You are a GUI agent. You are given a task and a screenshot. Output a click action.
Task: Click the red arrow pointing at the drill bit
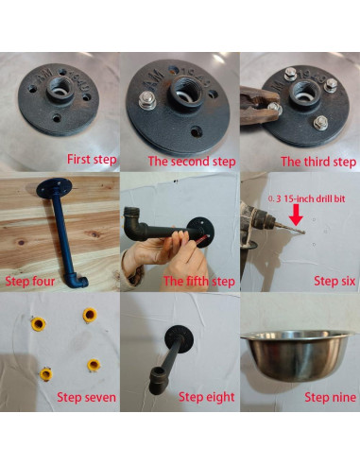pos(296,215)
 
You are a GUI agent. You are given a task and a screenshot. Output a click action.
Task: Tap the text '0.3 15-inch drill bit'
pos(307,198)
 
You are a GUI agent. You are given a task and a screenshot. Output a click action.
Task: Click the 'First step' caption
pos(92,160)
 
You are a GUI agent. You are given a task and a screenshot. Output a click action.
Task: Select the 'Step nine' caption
pos(330,397)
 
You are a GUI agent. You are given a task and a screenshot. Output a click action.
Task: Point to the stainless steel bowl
pos(296,354)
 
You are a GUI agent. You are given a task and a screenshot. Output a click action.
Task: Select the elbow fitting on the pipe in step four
pos(77,281)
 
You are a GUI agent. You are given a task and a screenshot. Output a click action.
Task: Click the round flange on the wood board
pos(54,188)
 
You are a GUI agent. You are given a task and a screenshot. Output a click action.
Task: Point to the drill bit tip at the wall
pos(304,233)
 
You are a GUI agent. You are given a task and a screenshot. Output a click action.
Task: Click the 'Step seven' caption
pos(86,397)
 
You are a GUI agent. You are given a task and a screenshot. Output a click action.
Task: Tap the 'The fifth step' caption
pos(199,281)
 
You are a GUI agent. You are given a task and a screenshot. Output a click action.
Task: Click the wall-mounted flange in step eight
pos(179,339)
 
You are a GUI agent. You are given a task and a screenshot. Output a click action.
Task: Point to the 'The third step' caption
pos(318,162)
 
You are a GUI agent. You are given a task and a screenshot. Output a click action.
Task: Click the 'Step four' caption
pos(30,281)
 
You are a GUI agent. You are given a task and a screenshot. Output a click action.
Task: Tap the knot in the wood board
pos(94,234)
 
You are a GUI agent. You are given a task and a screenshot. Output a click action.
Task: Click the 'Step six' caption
pos(334,281)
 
